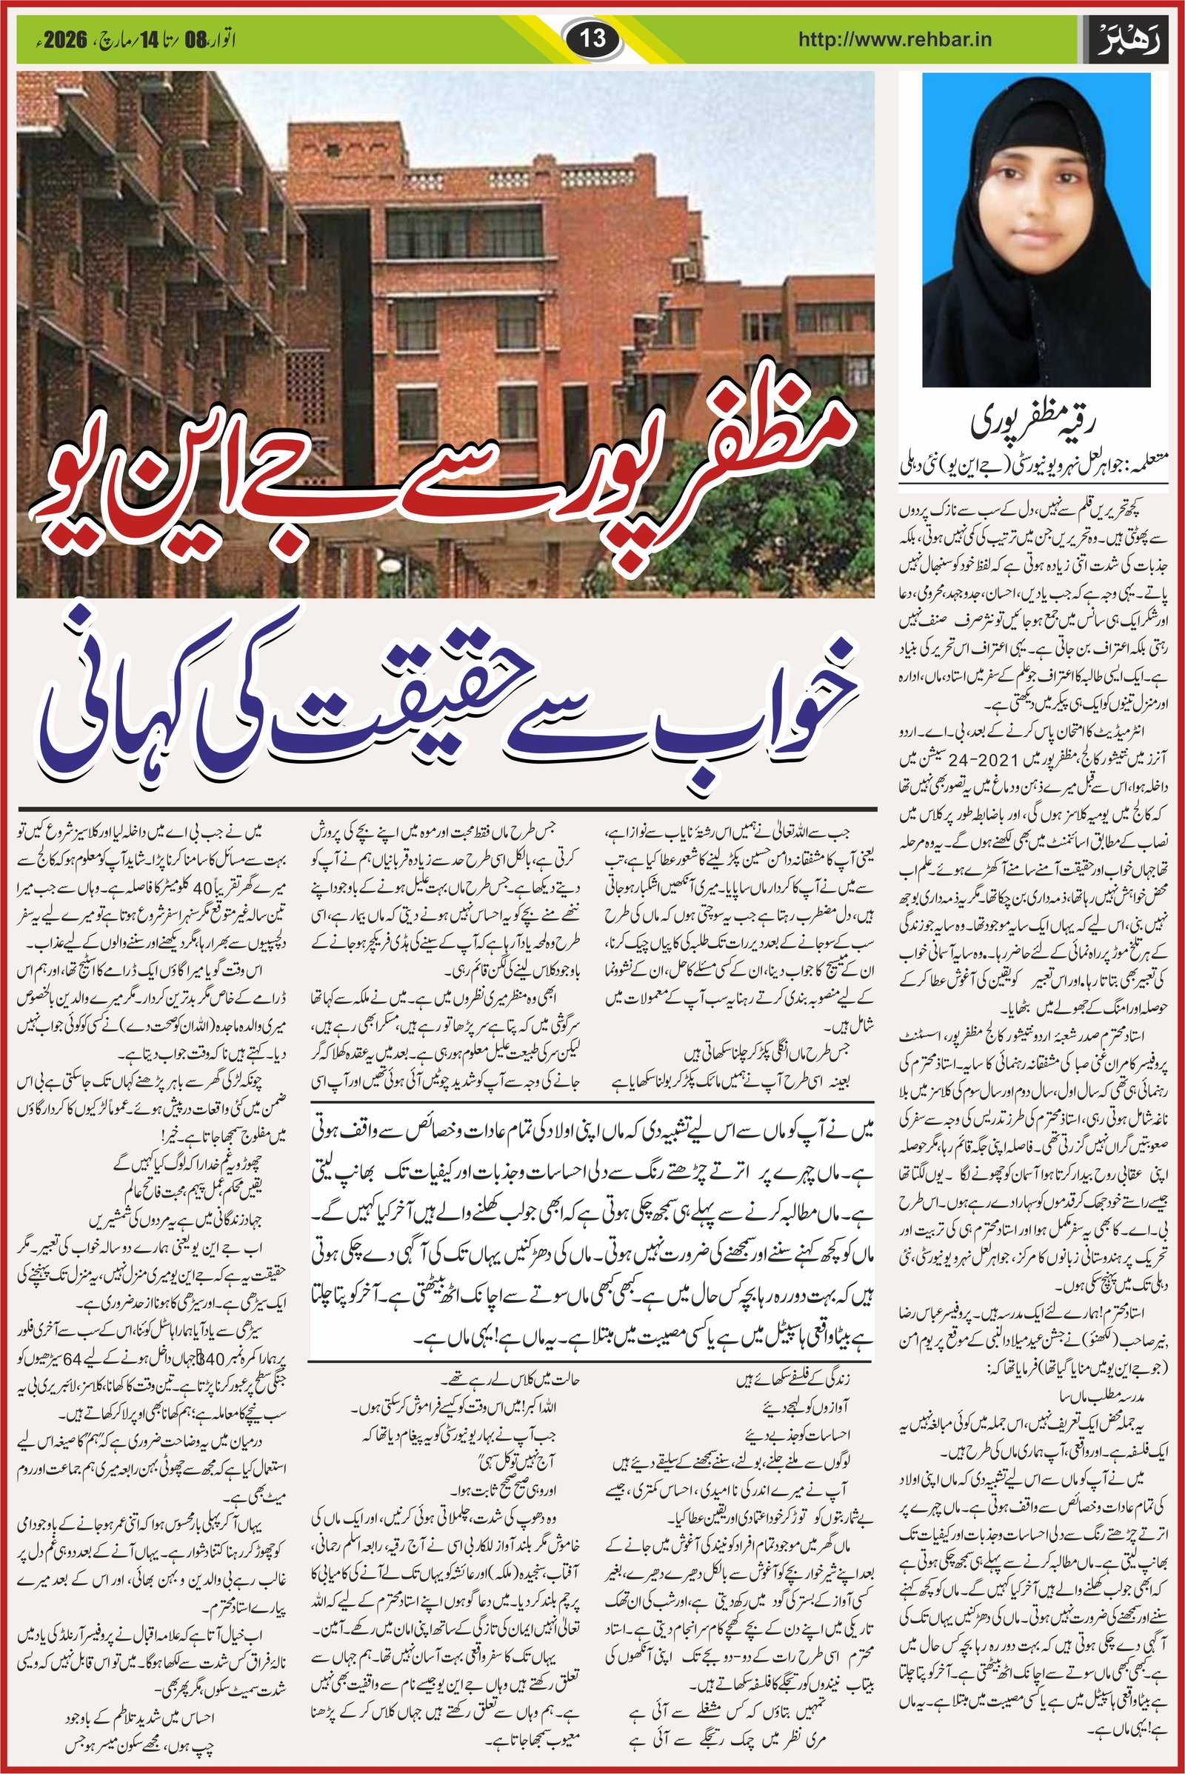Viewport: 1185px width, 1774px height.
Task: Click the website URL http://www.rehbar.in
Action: click(895, 39)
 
